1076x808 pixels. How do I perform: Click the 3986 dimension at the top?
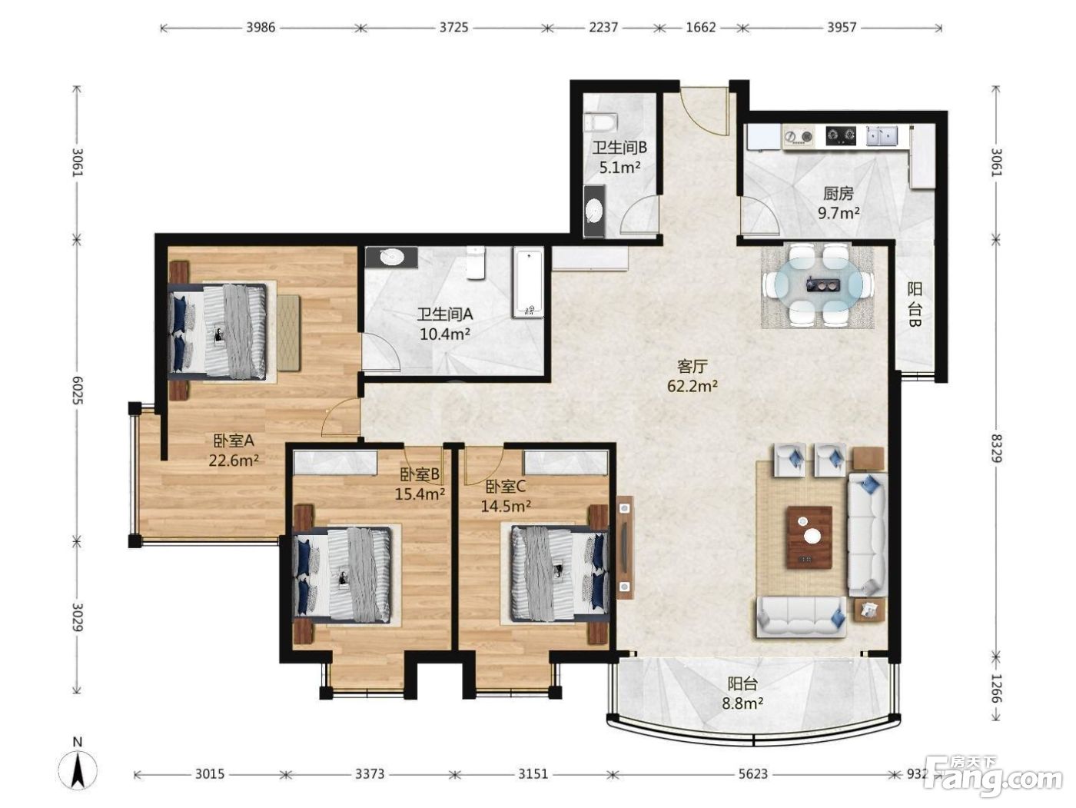[261, 28]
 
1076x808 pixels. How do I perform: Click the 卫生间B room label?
[619, 147]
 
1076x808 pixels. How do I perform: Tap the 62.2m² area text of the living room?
[692, 387]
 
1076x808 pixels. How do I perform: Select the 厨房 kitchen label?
[839, 194]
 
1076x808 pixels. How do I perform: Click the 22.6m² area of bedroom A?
[234, 461]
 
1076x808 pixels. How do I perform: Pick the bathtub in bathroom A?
[529, 282]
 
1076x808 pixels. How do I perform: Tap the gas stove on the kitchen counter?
[841, 136]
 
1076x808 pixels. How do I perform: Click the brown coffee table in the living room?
[809, 537]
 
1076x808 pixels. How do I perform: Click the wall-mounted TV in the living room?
[625, 547]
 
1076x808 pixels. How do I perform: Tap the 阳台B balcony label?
[915, 304]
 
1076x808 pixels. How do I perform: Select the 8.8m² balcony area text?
[742, 704]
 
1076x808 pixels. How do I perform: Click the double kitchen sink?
[882, 136]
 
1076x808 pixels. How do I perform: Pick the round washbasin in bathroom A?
[391, 257]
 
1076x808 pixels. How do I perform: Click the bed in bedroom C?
[560, 574]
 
